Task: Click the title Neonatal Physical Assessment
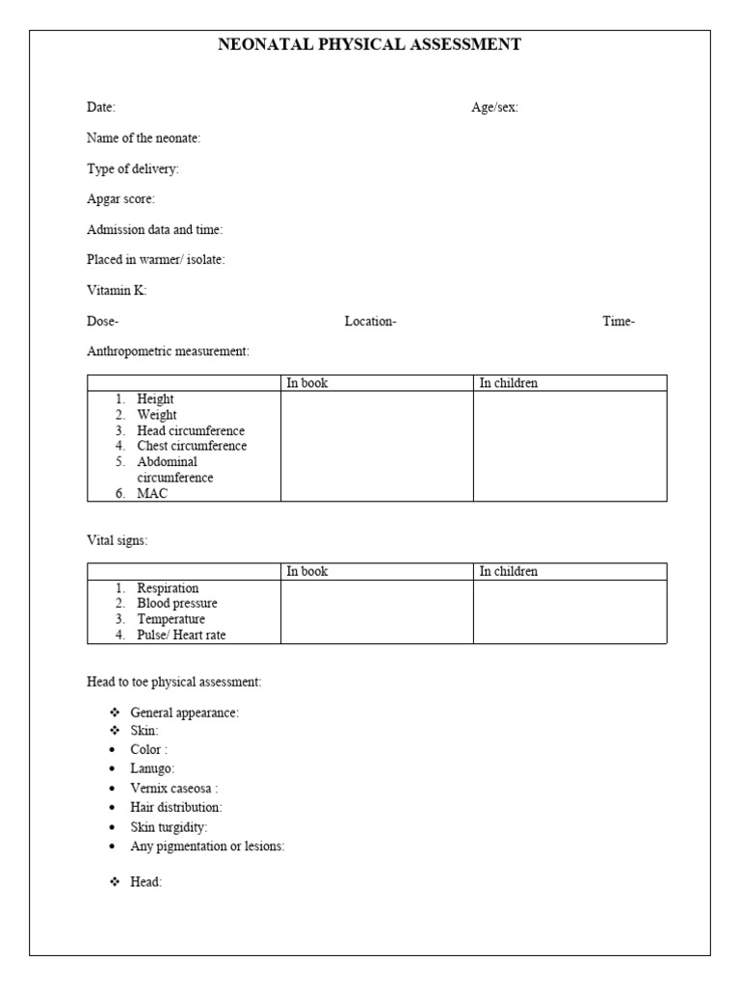click(370, 44)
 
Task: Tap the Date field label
click(101, 108)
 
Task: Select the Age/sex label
click(494, 108)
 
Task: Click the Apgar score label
click(120, 199)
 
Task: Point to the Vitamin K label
click(117, 291)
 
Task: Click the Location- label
click(370, 322)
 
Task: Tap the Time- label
click(619, 322)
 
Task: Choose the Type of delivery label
click(133, 169)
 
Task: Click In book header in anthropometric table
click(307, 383)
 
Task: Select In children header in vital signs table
click(509, 571)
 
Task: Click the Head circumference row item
click(191, 430)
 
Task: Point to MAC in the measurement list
click(151, 493)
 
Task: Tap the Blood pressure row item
click(177, 604)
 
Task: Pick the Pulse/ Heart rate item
click(182, 635)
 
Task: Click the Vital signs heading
click(118, 541)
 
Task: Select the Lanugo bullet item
click(152, 768)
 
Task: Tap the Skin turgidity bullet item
click(169, 827)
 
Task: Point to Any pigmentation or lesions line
click(207, 846)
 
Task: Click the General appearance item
click(184, 713)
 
